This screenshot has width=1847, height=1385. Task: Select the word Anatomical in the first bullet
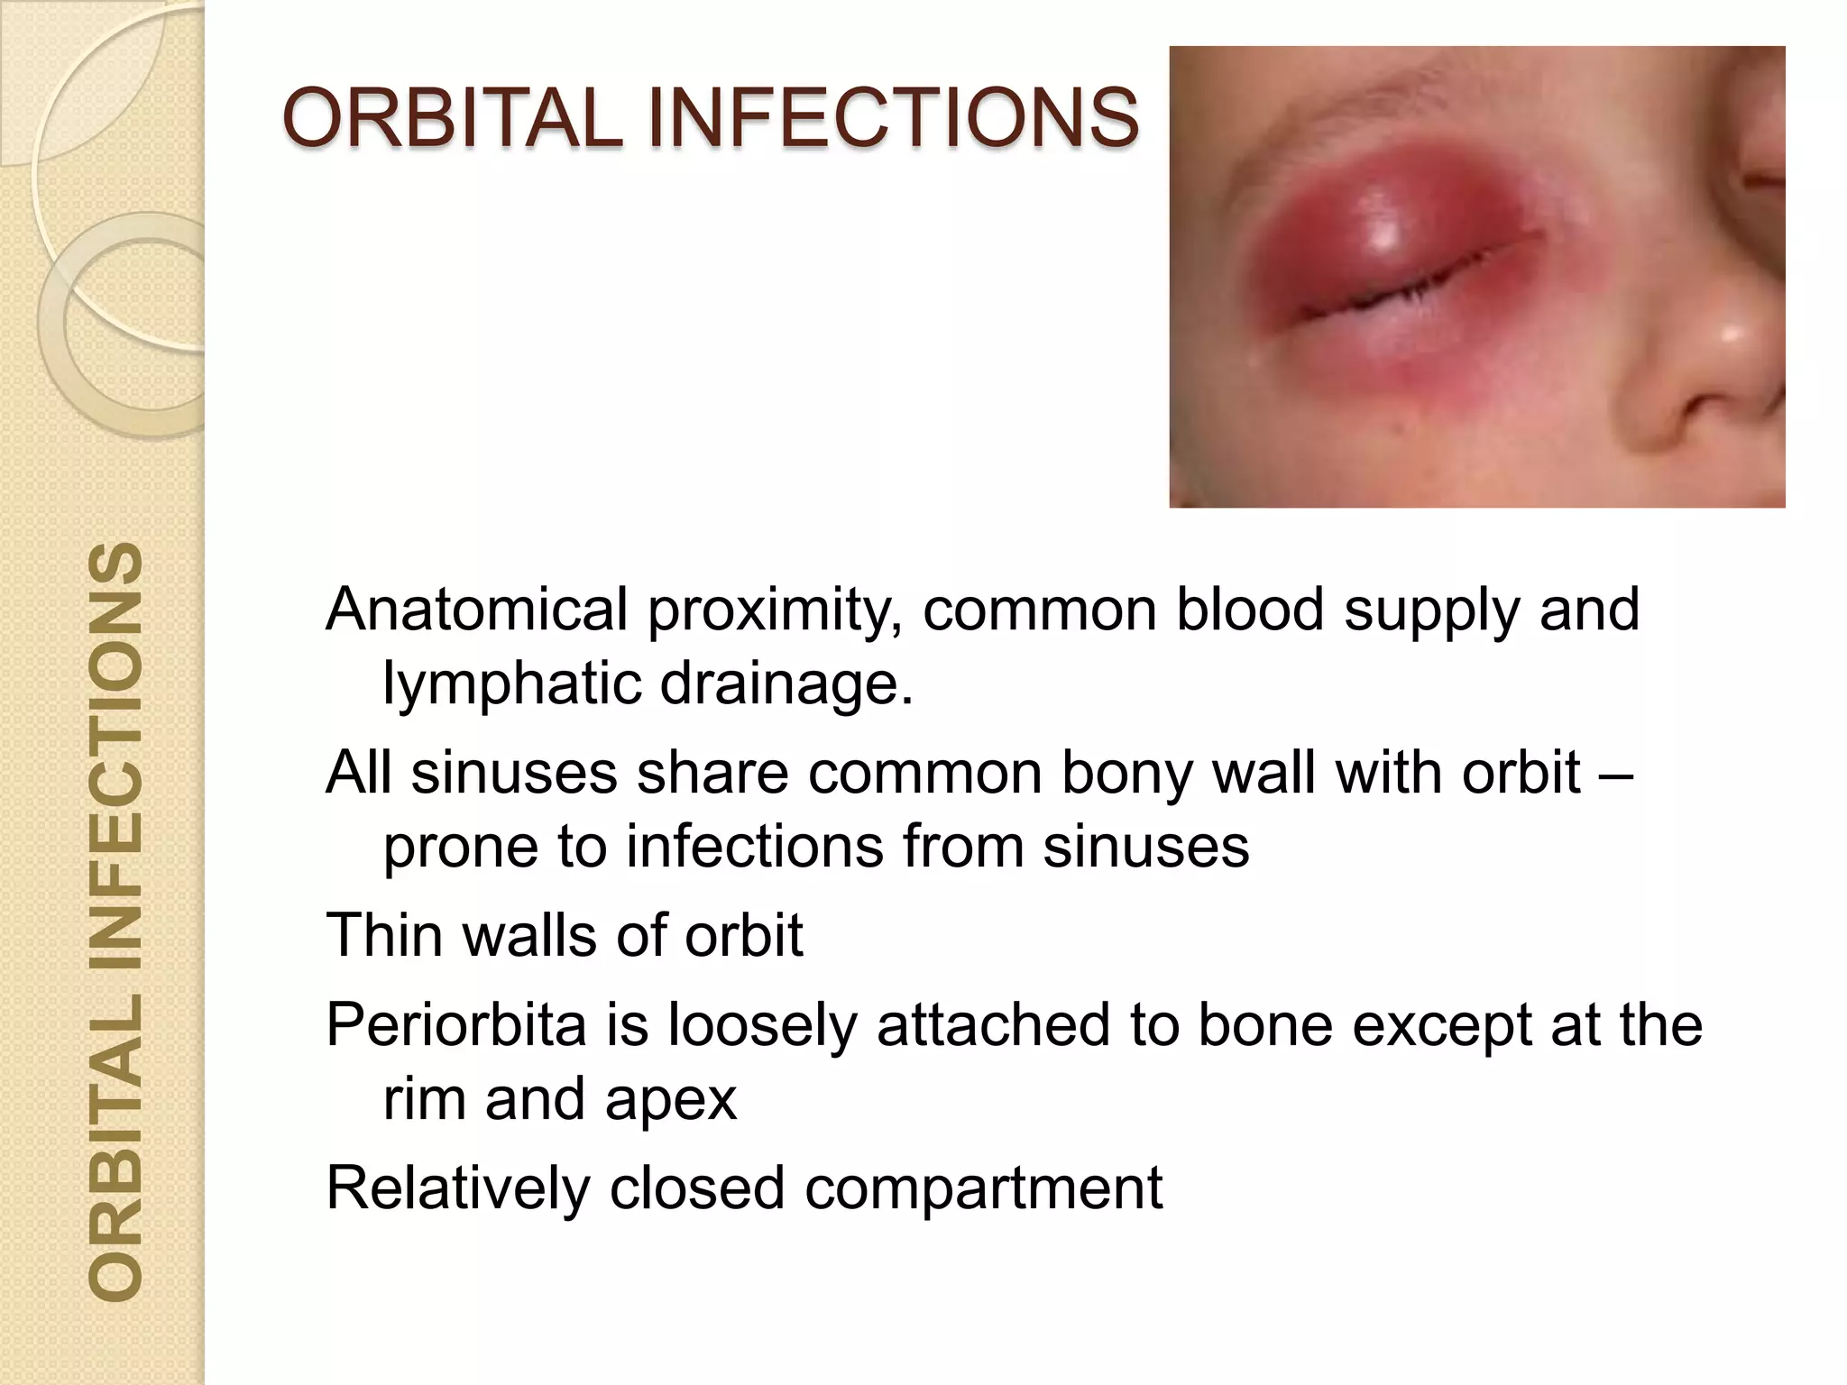(477, 610)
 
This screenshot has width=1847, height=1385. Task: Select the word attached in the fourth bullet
(993, 1025)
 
